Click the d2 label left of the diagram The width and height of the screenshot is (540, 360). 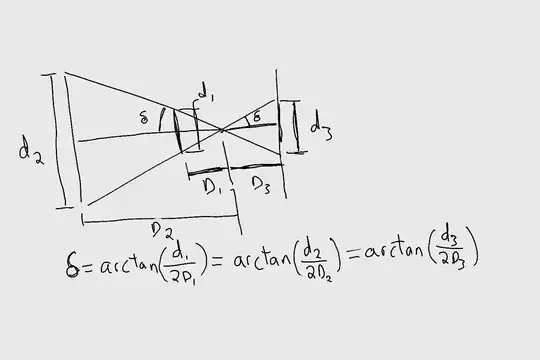(30, 150)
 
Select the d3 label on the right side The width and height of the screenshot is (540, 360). (320, 127)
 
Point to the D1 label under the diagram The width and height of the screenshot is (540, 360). (213, 187)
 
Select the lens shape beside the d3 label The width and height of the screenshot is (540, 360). (294, 127)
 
